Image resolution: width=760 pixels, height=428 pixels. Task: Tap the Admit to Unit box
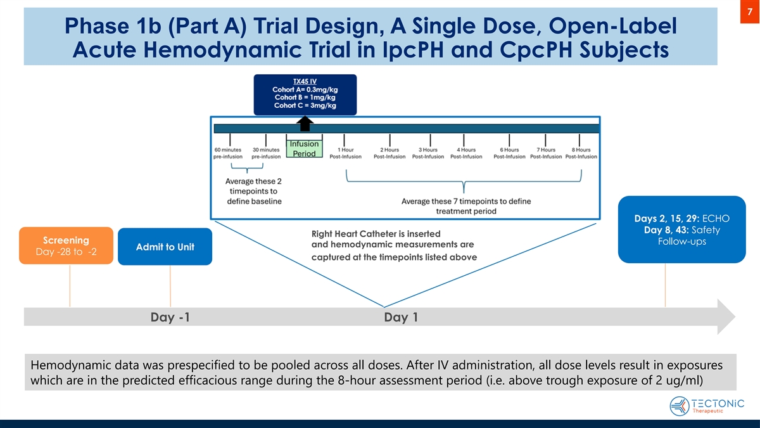coord(165,247)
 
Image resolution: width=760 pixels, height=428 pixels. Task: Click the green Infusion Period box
coord(304,149)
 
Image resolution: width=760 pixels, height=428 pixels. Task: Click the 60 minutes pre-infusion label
coord(228,153)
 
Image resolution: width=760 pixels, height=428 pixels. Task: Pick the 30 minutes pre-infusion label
coord(266,153)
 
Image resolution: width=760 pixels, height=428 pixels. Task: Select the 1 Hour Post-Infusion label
coord(346,153)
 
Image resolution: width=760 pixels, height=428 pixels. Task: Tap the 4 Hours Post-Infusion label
coord(466,153)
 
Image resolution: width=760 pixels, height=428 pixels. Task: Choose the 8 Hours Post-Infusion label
coord(581,153)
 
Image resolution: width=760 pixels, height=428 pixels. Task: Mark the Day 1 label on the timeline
coord(400,317)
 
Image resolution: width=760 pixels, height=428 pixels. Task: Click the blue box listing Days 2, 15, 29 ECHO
coord(681,230)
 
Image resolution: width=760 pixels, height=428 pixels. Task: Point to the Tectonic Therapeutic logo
coord(706,405)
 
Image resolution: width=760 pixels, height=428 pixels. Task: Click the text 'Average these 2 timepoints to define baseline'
coord(254,191)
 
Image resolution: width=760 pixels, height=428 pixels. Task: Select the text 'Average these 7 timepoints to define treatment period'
coord(466,206)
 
